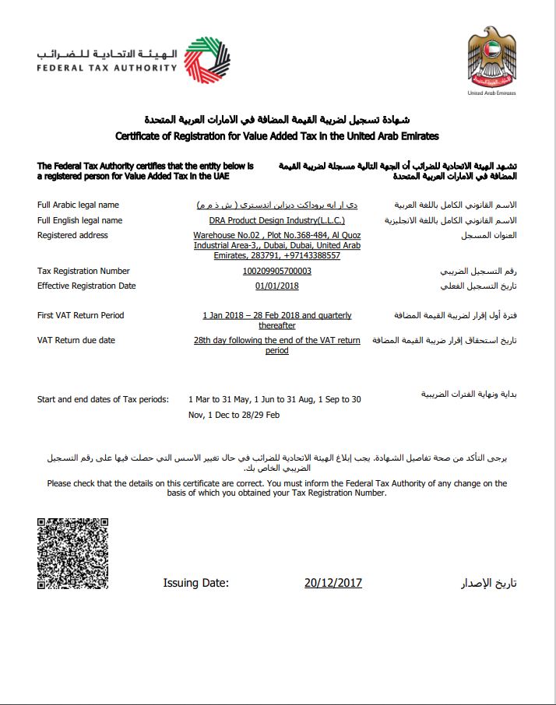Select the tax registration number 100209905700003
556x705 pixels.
tap(276, 272)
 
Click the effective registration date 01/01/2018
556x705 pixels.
tap(276, 286)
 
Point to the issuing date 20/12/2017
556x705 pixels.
tap(333, 583)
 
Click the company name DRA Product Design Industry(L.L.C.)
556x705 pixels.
tap(276, 220)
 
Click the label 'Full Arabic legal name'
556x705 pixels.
tap(78, 205)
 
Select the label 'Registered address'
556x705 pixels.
tap(72, 235)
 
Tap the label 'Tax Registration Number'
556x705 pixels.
tap(83, 272)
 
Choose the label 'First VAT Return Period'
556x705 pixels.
tap(81, 316)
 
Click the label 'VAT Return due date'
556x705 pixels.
tap(76, 341)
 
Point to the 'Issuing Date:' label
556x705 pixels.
tap(195, 583)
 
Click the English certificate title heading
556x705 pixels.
tap(277, 136)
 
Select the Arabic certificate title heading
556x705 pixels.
tap(277, 119)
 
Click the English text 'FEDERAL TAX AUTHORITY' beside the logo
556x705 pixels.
tap(106, 68)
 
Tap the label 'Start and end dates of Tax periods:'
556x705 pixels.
tap(103, 399)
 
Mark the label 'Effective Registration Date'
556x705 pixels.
tap(86, 286)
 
